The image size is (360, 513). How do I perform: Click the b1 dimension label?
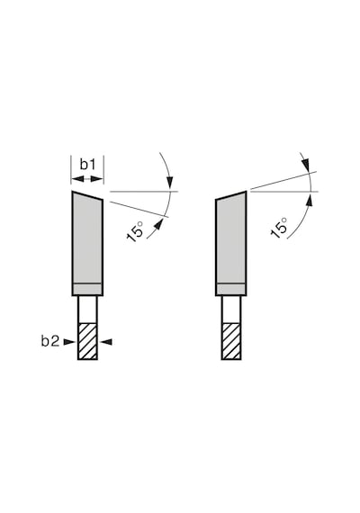(x=87, y=164)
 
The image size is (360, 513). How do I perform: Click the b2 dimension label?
(x=50, y=342)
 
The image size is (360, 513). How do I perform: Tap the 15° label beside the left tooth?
(x=136, y=232)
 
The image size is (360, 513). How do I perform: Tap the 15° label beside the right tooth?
(x=279, y=227)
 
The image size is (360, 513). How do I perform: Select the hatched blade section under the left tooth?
(x=87, y=341)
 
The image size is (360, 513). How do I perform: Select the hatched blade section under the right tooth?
(x=231, y=341)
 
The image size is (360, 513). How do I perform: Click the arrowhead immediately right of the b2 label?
(x=69, y=342)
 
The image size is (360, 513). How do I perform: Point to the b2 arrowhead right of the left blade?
(x=106, y=342)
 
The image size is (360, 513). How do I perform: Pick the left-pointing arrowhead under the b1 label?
(x=77, y=179)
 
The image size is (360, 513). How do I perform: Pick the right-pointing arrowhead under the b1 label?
(x=97, y=179)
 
